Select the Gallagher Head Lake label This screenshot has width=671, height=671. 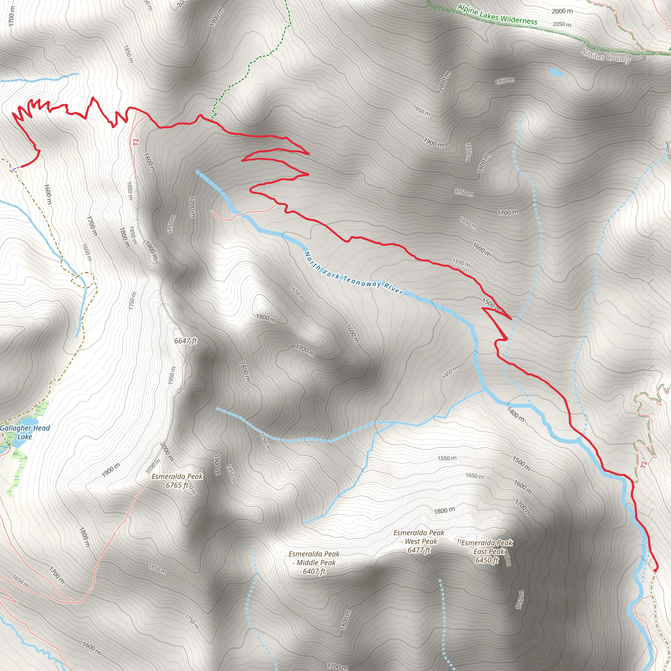[25, 432]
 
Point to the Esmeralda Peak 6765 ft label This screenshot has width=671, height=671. [177, 481]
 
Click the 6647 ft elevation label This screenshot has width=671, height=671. [185, 341]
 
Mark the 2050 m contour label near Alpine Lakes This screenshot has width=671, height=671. [562, 24]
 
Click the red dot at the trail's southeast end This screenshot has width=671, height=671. [655, 570]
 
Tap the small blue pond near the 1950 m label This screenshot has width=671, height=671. [556, 72]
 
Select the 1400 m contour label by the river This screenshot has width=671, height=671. [515, 414]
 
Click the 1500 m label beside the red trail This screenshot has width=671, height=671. [491, 304]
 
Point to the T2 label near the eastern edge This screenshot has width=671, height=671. [643, 464]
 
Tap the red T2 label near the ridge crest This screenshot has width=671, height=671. [136, 142]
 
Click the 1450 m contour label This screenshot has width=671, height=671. [450, 372]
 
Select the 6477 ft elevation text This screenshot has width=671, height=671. [419, 550]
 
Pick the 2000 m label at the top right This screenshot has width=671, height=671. [562, 11]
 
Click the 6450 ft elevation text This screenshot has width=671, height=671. [487, 560]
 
